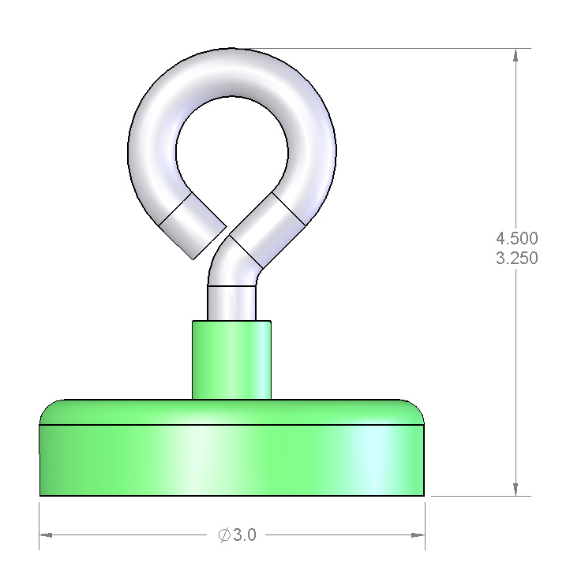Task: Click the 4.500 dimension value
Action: tap(517, 238)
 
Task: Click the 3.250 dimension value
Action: tap(517, 258)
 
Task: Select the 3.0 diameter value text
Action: tap(245, 534)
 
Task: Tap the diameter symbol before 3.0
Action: tap(224, 535)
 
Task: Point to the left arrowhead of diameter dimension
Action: tap(46, 535)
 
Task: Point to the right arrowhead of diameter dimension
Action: tap(418, 535)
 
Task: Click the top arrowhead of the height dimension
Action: tap(516, 55)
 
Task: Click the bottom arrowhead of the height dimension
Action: tap(516, 489)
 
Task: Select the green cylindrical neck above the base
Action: tap(231, 359)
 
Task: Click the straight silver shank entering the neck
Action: tap(231, 303)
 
